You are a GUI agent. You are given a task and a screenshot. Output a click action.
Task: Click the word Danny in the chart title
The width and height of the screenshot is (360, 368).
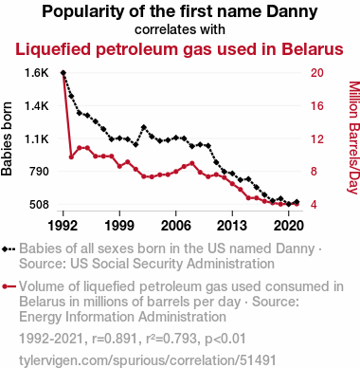click(x=292, y=12)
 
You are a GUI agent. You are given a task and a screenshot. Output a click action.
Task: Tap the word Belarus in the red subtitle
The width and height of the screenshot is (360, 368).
click(x=313, y=49)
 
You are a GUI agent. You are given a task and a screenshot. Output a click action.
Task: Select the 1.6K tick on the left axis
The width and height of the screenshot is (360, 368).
click(x=37, y=73)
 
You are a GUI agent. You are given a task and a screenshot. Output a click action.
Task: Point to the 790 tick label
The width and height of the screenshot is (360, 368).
click(x=39, y=172)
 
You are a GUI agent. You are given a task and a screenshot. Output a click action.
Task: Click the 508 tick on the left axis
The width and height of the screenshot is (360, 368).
click(x=39, y=204)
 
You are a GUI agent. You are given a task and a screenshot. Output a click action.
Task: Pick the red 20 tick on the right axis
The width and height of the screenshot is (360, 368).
click(x=317, y=73)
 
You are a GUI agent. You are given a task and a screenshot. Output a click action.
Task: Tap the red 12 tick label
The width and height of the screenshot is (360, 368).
click(x=317, y=138)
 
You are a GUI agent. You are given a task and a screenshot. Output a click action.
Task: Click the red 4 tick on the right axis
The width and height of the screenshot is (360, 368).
click(x=314, y=204)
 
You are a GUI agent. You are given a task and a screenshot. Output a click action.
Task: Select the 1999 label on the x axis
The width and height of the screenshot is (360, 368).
click(x=119, y=226)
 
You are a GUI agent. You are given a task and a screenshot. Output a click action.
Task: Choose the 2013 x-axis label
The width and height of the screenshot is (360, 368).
click(x=232, y=226)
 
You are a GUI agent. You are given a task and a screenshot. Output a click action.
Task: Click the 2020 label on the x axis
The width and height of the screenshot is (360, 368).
click(x=289, y=226)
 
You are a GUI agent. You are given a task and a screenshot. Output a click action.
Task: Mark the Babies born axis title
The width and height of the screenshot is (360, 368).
click(x=7, y=138)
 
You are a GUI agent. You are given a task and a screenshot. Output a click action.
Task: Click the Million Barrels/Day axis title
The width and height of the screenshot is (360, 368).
click(x=354, y=138)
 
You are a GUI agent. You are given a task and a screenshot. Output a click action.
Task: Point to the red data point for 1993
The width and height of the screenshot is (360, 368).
click(x=71, y=156)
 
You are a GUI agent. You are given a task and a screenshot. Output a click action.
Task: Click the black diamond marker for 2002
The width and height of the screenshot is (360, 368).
click(x=144, y=127)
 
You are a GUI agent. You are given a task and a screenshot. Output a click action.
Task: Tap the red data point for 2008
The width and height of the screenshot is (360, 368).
click(x=192, y=163)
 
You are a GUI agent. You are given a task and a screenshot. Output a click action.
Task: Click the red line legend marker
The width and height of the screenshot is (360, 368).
click(x=9, y=286)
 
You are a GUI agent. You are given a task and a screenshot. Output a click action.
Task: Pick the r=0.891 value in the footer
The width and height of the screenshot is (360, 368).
click(x=115, y=339)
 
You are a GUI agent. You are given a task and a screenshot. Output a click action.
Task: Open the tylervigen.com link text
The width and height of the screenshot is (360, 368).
click(x=148, y=360)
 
